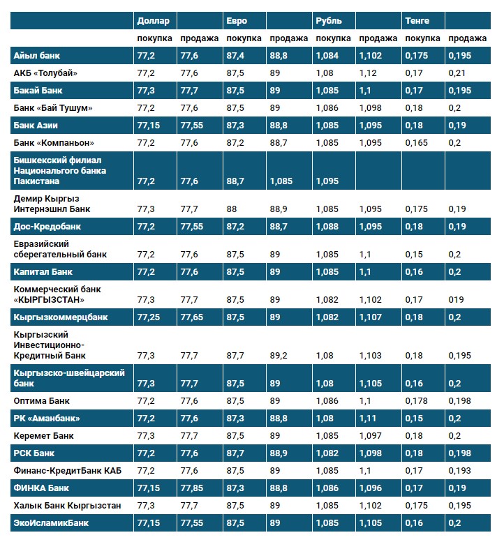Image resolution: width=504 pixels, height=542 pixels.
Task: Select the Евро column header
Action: [x=237, y=21]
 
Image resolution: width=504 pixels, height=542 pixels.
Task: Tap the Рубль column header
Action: [x=328, y=21]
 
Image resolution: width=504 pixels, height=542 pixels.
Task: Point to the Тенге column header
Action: [x=417, y=21]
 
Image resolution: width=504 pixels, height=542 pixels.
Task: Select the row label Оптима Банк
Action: [x=41, y=401]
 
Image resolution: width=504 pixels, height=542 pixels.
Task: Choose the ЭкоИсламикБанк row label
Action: [x=52, y=522]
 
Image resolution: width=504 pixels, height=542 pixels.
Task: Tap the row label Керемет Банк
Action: [x=44, y=435]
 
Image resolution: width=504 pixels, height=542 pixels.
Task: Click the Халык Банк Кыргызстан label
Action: [x=58, y=504]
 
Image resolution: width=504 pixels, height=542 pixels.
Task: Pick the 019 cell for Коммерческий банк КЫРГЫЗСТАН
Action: [x=457, y=300]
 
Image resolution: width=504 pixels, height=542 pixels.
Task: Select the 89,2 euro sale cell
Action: [x=280, y=356]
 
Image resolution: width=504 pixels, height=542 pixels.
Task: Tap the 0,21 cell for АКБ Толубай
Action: [x=457, y=73]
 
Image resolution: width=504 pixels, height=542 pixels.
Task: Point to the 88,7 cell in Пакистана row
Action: [x=236, y=181]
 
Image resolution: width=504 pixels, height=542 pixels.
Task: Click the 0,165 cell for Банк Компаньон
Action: [x=417, y=143]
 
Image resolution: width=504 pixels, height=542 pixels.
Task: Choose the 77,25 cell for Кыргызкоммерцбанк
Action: [x=150, y=317]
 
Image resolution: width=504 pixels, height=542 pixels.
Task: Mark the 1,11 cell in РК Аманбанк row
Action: [x=367, y=419]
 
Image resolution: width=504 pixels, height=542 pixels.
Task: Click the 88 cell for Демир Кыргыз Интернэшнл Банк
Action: [x=232, y=209]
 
